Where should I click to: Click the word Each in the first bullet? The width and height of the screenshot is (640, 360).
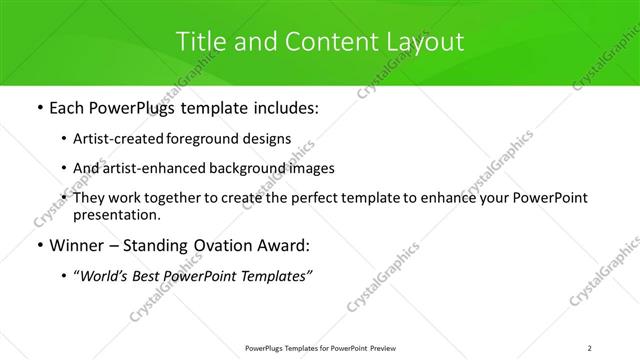click(x=67, y=107)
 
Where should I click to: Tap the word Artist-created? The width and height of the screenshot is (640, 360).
click(x=114, y=139)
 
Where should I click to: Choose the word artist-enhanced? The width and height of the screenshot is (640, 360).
click(x=151, y=168)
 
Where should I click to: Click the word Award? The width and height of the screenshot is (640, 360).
click(x=282, y=245)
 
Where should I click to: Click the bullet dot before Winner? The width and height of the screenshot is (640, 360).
click(x=39, y=246)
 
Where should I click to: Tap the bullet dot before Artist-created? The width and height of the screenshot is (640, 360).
click(x=65, y=139)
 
